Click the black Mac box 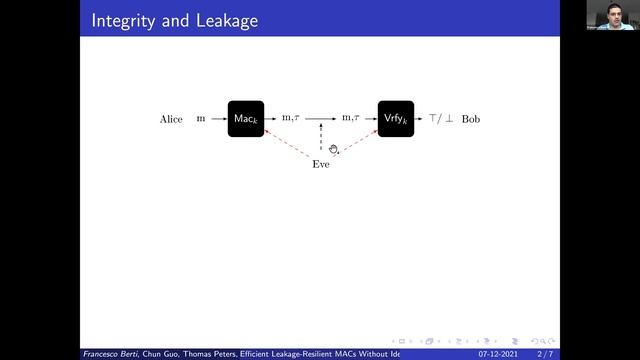point(245,119)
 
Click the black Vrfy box point(395,119)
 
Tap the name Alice point(171,119)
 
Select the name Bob point(470,119)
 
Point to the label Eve point(320,164)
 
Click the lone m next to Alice point(201,119)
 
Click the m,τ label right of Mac point(291,119)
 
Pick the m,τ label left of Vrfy point(351,119)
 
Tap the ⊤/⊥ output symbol point(441,119)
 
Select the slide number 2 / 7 point(546,354)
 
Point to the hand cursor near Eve point(334,150)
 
